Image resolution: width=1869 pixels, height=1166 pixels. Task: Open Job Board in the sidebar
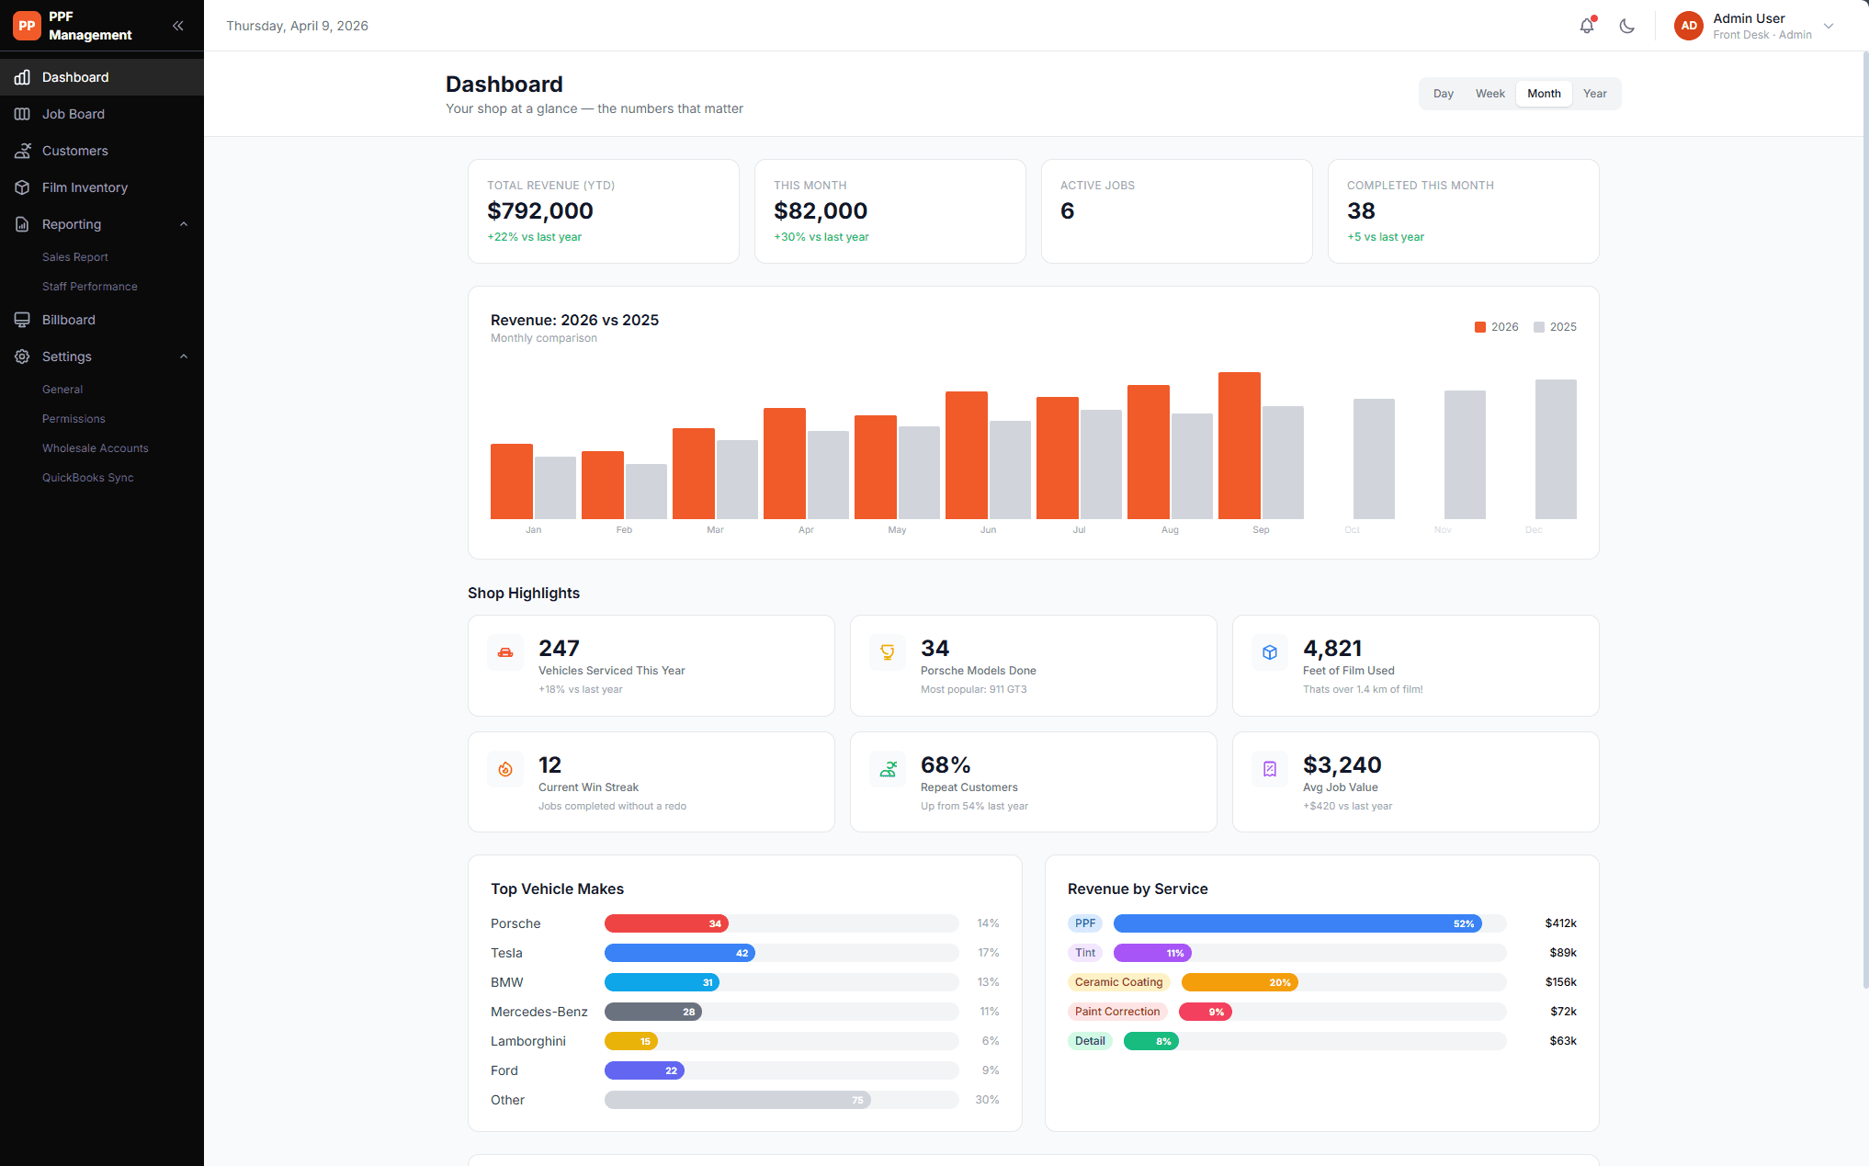tap(74, 114)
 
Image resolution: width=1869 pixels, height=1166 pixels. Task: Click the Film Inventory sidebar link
tap(85, 187)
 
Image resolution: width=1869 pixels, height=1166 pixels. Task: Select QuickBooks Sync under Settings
tap(88, 478)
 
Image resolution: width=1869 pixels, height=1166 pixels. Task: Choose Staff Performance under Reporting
tap(90, 287)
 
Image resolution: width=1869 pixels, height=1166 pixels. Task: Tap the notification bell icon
tap(1587, 26)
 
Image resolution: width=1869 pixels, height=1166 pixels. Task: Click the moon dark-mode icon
tap(1627, 26)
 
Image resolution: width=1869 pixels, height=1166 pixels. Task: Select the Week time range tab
tap(1490, 94)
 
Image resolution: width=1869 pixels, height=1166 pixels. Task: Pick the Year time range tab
tap(1594, 94)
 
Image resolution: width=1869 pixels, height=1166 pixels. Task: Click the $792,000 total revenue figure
tap(540, 211)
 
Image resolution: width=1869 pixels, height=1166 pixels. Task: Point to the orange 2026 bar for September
tap(1239, 446)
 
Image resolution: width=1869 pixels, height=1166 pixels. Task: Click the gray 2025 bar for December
tap(1556, 449)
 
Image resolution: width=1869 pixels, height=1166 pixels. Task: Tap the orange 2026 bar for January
tap(511, 481)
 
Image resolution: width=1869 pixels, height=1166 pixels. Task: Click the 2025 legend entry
tap(1555, 327)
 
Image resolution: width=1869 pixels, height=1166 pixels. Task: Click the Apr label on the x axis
tap(806, 530)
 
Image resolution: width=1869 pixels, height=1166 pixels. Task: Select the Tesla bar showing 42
tap(679, 953)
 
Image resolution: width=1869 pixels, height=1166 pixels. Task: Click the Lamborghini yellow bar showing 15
tap(630, 1041)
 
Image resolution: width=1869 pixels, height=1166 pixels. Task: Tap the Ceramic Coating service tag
tap(1118, 982)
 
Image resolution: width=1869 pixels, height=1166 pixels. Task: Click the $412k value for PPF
tap(1560, 923)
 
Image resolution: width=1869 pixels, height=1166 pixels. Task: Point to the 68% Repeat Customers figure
tap(946, 765)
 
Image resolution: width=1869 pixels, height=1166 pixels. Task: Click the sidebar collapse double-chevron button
tap(178, 26)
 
